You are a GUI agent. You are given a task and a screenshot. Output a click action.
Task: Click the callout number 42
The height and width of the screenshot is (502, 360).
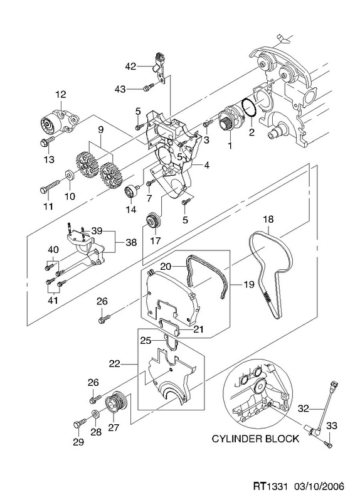(130, 67)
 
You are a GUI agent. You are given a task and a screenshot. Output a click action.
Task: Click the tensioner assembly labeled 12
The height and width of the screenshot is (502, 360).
(60, 123)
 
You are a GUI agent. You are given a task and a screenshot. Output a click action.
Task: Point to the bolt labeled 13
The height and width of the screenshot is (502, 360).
(47, 141)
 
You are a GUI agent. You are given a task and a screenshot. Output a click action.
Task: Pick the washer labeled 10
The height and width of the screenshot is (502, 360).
(70, 176)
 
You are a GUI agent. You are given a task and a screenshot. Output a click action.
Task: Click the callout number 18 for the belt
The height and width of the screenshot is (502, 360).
(268, 219)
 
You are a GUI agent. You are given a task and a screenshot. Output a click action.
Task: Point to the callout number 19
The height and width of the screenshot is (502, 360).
(248, 284)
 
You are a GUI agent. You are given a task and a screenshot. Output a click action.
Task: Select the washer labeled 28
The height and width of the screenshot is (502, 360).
(96, 414)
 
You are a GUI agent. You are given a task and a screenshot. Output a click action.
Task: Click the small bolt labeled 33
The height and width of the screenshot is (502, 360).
(328, 444)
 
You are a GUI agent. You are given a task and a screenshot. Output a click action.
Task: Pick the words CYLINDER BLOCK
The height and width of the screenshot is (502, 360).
(255, 438)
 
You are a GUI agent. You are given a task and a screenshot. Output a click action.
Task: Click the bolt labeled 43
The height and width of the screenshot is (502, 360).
(149, 87)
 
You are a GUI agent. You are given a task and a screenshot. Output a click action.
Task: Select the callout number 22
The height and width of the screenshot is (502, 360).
(115, 364)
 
